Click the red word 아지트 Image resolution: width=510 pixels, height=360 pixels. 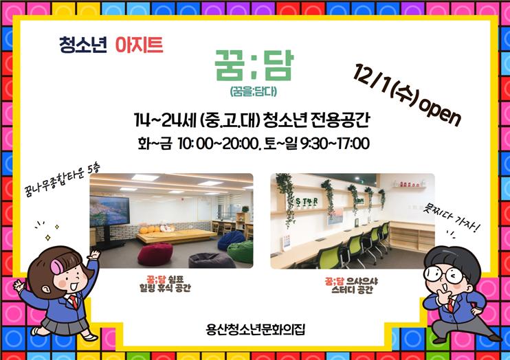pyautogui.click(x=139, y=45)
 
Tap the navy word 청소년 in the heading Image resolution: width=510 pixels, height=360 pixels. pyautogui.click(x=83, y=45)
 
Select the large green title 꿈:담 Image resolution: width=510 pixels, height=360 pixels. pyautogui.click(x=254, y=65)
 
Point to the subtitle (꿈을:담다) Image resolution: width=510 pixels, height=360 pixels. pyautogui.click(x=254, y=91)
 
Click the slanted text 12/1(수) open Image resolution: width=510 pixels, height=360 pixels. pyautogui.click(x=407, y=95)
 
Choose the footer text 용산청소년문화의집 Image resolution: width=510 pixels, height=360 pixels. pyautogui.click(x=255, y=330)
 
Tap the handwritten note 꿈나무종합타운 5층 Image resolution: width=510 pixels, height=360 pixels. pyautogui.click(x=62, y=180)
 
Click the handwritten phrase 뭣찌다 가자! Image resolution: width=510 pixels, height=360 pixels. pyautogui.click(x=452, y=218)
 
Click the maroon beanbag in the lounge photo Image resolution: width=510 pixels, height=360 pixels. pyautogui.click(x=155, y=254)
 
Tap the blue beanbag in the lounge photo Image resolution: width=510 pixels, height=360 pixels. pyautogui.click(x=231, y=240)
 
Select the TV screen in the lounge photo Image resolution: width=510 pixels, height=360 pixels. pyautogui.click(x=109, y=211)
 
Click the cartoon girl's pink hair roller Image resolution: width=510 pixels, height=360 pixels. pyautogui.click(x=57, y=267)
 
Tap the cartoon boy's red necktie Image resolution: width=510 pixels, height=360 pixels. pyautogui.click(x=450, y=306)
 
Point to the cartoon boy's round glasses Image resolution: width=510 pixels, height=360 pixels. pyautogui.click(x=445, y=275)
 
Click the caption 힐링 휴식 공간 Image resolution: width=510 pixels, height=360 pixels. pyautogui.click(x=165, y=288)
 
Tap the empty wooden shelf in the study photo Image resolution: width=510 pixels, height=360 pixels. pyautogui.click(x=412, y=237)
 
